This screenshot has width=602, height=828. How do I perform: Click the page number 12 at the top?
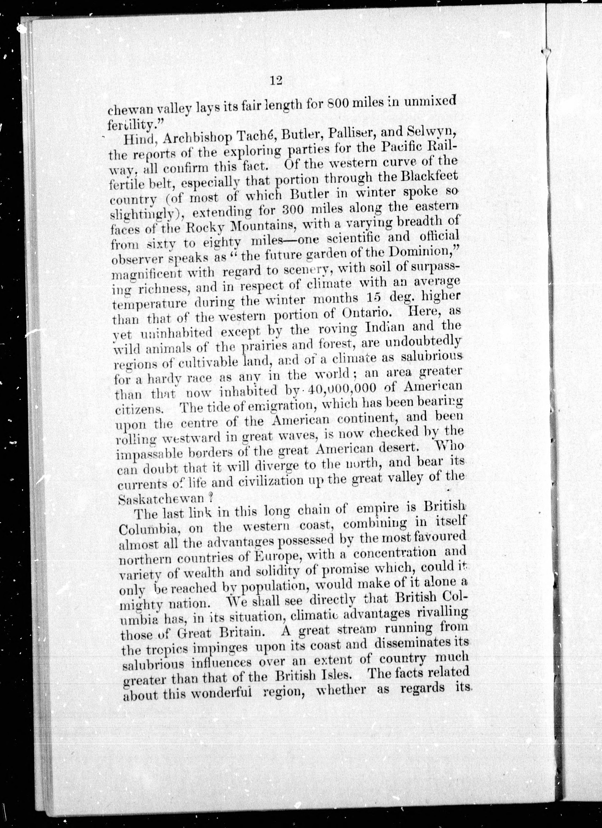[x=276, y=80]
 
